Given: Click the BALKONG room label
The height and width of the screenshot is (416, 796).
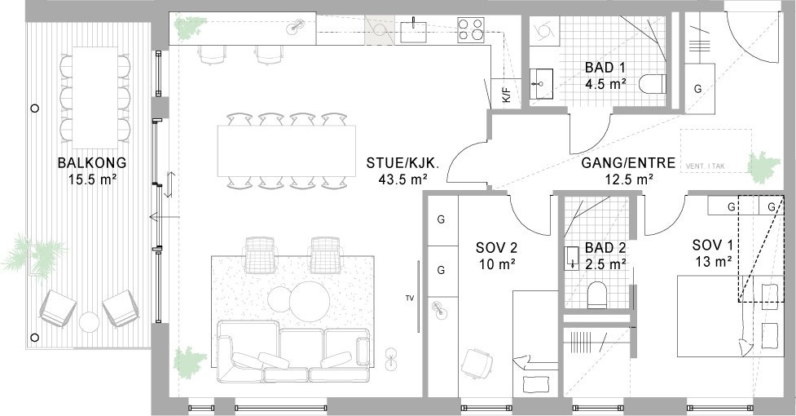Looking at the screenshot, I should pos(92,162).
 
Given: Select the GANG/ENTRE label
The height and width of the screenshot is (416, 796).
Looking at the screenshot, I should pos(628,163).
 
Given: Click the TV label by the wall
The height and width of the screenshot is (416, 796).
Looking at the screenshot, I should pos(409,299).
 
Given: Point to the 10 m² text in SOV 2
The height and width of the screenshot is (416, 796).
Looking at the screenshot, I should pos(496,263).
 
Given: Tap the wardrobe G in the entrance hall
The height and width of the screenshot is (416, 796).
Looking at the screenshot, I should pos(698,87).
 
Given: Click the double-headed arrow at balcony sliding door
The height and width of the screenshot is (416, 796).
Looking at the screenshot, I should pos(169,184).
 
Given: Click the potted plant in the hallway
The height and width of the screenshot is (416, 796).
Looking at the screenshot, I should pos(762,166).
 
